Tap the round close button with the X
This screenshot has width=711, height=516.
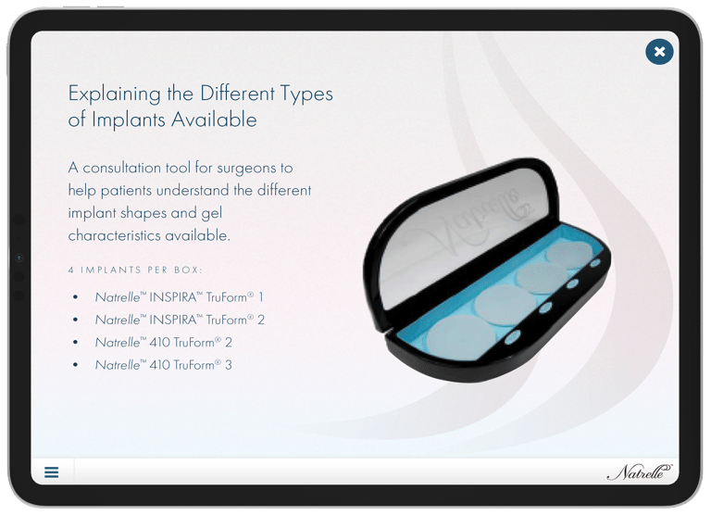(x=659, y=51)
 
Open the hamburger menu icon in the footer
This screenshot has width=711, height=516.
(x=51, y=472)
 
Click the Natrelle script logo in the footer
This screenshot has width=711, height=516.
(x=640, y=472)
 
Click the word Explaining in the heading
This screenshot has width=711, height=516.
(x=114, y=94)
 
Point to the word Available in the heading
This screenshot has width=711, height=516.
(x=214, y=120)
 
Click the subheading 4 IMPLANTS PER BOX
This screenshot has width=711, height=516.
(x=135, y=270)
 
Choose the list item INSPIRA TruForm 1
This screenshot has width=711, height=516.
(x=179, y=297)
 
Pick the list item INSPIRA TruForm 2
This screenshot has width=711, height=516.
(x=180, y=320)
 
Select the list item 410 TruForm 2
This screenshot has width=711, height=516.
(x=163, y=343)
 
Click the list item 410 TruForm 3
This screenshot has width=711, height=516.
(x=163, y=365)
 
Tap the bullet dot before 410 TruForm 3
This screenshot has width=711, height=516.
(x=75, y=365)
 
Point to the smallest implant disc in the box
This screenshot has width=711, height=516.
(x=569, y=255)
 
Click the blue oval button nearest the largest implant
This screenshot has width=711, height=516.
(x=513, y=337)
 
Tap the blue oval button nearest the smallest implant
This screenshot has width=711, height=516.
(x=595, y=263)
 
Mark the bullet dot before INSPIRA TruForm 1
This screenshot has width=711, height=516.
(x=75, y=297)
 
